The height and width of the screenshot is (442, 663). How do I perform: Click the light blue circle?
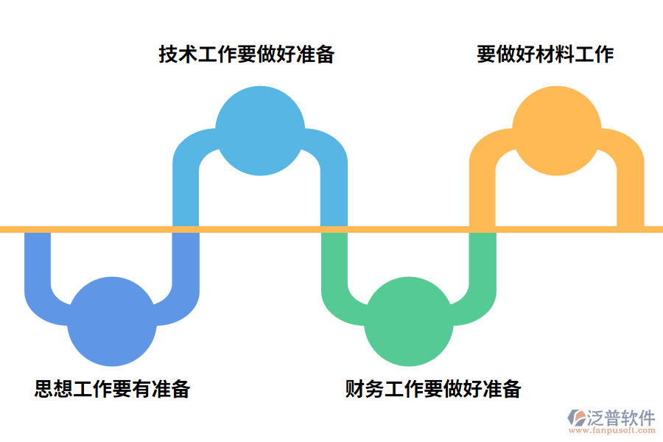pyautogui.click(x=259, y=131)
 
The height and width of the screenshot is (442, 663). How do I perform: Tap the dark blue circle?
pyautogui.click(x=112, y=321)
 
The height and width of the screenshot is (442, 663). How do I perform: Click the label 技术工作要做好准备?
pyautogui.click(x=246, y=55)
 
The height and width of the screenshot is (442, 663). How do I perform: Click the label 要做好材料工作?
pyautogui.click(x=544, y=55)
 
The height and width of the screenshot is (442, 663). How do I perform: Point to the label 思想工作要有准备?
pyautogui.click(x=112, y=388)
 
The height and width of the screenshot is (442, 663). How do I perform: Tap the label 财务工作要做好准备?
pyautogui.click(x=432, y=388)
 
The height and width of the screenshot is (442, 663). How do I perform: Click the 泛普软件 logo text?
pyautogui.click(x=621, y=418)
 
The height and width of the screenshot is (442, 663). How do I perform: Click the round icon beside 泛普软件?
pyautogui.click(x=576, y=418)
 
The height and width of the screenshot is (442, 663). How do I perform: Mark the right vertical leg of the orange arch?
pyautogui.click(x=631, y=192)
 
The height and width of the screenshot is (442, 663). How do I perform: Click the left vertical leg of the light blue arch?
pyautogui.click(x=185, y=192)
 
